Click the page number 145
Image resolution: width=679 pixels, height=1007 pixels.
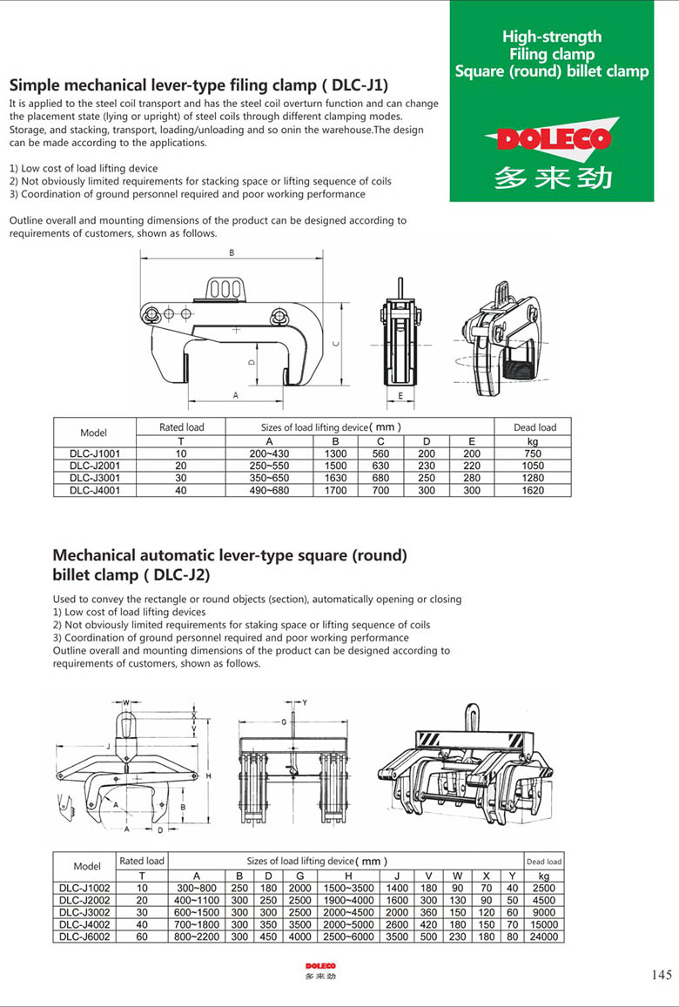(661, 975)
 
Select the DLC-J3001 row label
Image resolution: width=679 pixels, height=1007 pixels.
(95, 478)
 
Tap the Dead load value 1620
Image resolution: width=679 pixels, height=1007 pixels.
(533, 490)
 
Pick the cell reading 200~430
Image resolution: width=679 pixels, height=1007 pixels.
(269, 453)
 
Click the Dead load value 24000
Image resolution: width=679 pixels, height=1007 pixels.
(544, 937)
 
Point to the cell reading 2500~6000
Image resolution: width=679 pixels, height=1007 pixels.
(348, 937)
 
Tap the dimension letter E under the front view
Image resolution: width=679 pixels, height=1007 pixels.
(400, 396)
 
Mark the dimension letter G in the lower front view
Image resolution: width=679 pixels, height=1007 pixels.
(284, 722)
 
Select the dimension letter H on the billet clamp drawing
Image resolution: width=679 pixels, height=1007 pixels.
(209, 775)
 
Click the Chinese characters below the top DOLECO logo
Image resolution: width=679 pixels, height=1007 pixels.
(552, 177)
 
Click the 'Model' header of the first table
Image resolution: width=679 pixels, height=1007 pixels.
(94, 433)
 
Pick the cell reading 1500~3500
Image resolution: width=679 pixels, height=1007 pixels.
(348, 888)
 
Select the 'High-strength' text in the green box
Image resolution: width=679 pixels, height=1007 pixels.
(552, 37)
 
